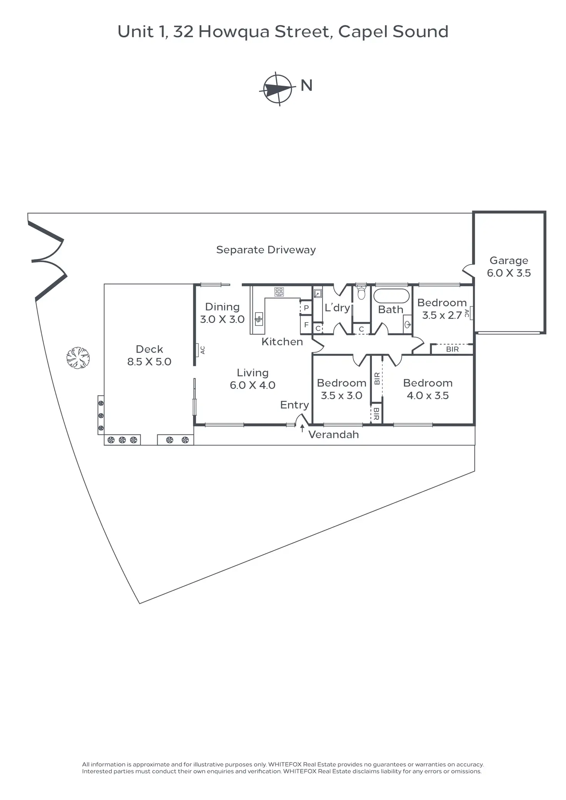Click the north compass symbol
pos(278,89)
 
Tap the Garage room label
pos(509,266)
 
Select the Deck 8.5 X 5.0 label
pos(149,355)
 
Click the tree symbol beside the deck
pos(78,358)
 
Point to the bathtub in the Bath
pos(391,296)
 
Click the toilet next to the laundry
pos(361,293)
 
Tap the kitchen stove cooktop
pos(279,292)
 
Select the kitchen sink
pos(259,319)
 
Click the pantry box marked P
pos(306,308)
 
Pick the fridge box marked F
pos(306,325)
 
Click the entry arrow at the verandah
pos(302,428)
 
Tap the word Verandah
pos(333,435)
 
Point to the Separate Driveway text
pos(266,250)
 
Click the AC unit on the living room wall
pos(197,350)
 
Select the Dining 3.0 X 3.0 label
pos(222,313)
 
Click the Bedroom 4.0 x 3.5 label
pos(428,389)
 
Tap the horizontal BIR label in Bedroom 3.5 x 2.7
pos(452,349)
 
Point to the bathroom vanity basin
pos(408,324)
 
